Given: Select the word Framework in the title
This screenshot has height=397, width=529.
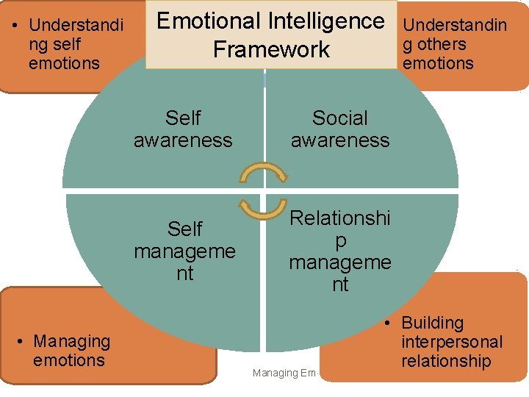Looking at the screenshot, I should (x=271, y=50).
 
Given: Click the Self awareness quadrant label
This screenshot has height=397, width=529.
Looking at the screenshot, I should (x=183, y=129).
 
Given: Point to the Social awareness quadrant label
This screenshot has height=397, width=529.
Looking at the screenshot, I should (x=339, y=129).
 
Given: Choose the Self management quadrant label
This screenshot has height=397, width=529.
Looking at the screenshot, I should (x=184, y=251).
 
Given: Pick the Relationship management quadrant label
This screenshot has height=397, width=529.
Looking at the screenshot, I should (x=339, y=251).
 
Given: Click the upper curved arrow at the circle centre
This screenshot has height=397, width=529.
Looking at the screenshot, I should (x=262, y=176).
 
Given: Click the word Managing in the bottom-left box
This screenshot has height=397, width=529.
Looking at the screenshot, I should (x=72, y=341).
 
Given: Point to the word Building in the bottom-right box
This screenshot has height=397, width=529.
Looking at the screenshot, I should (x=433, y=323).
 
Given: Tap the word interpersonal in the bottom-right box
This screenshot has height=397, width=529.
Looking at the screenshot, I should (x=452, y=342).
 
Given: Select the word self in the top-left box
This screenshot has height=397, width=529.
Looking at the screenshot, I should (x=67, y=44).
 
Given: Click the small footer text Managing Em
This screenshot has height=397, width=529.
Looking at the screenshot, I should (x=284, y=373).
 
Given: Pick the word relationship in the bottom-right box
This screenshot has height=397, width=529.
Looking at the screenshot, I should (x=446, y=361).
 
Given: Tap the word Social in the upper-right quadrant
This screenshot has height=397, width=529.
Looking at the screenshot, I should (x=339, y=118).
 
